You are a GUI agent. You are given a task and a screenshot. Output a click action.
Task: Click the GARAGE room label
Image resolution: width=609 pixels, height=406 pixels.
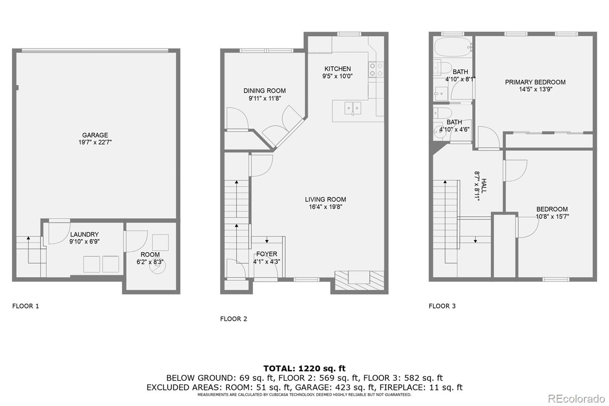(95, 135)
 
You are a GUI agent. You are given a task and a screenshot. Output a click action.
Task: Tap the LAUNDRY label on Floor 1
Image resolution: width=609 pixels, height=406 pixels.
(84, 235)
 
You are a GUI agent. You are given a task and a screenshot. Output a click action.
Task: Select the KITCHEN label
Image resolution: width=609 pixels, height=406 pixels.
(338, 69)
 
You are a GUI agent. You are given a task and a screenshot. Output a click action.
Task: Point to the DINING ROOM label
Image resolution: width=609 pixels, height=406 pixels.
(265, 91)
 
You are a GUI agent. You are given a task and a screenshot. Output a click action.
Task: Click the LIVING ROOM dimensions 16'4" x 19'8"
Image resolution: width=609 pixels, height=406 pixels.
(325, 207)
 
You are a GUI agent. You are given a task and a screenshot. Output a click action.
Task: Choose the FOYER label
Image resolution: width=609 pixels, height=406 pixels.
(267, 254)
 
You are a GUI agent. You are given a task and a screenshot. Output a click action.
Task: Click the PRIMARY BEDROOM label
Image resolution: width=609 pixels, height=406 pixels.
(535, 82)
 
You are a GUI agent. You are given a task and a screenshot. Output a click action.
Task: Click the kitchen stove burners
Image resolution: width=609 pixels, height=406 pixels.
(376, 69)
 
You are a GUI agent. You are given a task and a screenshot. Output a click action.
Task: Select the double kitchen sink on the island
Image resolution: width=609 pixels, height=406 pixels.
(353, 108)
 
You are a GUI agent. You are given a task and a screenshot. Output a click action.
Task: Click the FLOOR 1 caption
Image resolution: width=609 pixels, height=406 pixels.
(26, 306)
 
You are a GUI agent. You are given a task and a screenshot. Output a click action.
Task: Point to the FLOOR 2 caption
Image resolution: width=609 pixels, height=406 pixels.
(234, 319)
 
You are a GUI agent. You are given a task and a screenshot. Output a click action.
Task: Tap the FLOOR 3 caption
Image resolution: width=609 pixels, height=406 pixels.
(442, 306)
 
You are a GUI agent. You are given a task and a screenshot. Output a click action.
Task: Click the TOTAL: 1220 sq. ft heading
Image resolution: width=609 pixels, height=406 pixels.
(304, 368)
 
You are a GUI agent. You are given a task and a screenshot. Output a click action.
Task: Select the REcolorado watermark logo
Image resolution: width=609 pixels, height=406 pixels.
(576, 399)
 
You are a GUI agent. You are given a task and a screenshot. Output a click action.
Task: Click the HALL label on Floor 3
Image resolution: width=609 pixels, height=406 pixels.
(484, 186)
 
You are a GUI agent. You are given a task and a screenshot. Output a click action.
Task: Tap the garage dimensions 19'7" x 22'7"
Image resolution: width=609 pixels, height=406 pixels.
(95, 142)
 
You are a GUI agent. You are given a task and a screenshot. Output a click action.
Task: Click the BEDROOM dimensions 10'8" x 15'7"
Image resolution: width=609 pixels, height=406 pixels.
(552, 217)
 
